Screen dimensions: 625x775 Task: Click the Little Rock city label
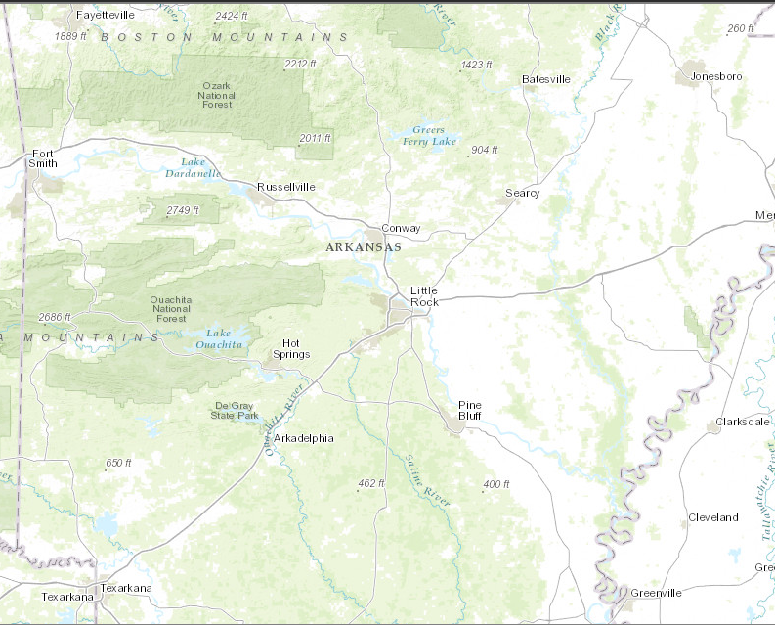pos(424,296)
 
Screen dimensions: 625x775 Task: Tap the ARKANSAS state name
pos(364,248)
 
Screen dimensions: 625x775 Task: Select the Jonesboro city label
pos(716,76)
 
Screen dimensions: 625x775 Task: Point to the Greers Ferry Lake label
pos(428,136)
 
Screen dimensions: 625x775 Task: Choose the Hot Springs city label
pos(296,348)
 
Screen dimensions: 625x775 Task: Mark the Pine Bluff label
pos(470,410)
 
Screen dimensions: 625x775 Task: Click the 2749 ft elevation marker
pos(182,210)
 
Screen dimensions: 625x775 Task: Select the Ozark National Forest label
pos(217,95)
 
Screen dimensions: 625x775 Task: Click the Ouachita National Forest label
pos(170,308)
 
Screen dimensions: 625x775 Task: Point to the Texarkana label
pos(128,588)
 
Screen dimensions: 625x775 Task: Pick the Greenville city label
pos(656,593)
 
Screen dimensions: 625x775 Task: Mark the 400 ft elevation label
pos(495,485)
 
